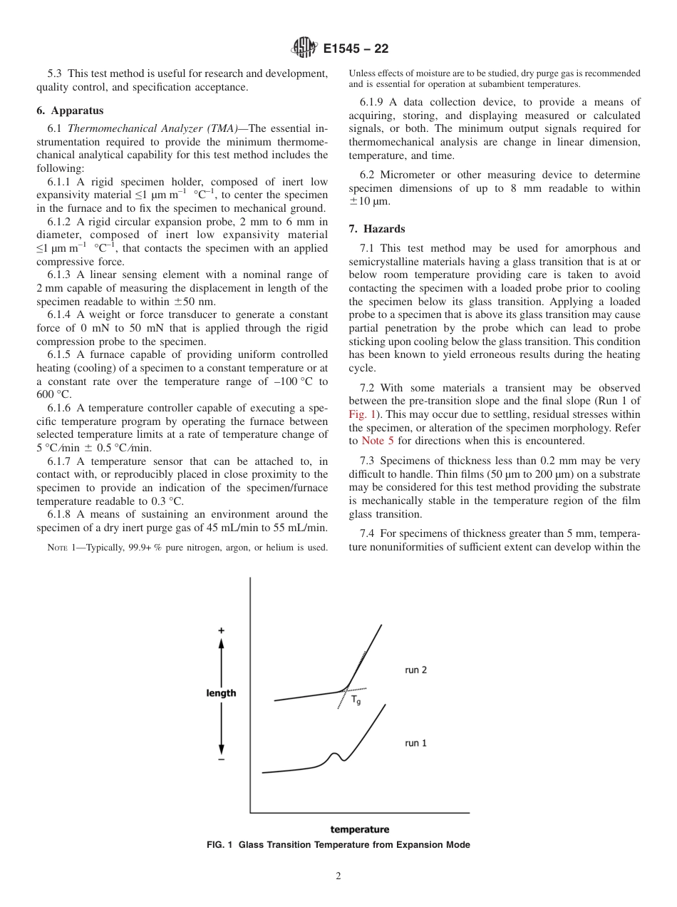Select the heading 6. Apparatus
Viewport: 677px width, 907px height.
70,111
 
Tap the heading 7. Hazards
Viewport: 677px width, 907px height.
377,229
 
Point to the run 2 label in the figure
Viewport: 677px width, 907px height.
415,670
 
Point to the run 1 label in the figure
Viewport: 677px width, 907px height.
415,743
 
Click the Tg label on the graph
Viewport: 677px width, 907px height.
356,701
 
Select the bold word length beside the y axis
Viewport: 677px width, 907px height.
221,693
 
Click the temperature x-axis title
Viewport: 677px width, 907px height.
359,829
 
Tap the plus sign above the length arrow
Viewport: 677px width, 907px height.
221,631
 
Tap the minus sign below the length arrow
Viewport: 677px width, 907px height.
221,760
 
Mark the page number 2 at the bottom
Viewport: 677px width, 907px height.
338,876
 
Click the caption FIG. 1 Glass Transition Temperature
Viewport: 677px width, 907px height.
338,845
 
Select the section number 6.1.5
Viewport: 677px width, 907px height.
61,354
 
